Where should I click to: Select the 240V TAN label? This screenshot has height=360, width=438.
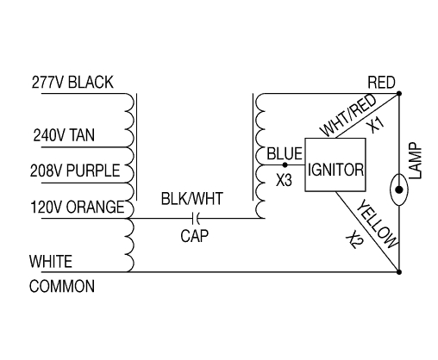[x=63, y=135]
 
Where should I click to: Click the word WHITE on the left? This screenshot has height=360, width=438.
[x=50, y=261]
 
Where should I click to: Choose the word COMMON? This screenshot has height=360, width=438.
[x=62, y=287]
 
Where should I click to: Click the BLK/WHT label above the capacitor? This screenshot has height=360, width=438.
[x=191, y=199]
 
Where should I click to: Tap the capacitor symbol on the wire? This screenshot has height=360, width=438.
[x=191, y=218]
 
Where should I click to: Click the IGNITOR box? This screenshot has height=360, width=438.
[x=333, y=171]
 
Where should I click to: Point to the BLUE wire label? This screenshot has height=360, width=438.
[x=284, y=155]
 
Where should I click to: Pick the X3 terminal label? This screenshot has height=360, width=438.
[x=285, y=182]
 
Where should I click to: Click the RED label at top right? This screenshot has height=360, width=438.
[x=381, y=83]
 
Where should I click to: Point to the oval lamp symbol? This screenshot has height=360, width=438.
[x=399, y=188]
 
